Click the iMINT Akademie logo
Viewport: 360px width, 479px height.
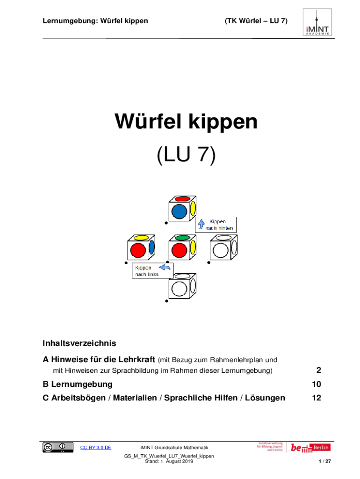tap(317, 22)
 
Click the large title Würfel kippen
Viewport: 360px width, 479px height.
tap(186, 122)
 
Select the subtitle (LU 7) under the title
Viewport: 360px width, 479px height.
tap(186, 154)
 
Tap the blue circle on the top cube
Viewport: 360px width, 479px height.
tap(179, 212)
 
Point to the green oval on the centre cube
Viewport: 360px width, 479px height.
tap(183, 238)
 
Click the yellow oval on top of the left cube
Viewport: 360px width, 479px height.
tap(141, 238)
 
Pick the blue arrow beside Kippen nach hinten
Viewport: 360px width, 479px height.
tap(201, 224)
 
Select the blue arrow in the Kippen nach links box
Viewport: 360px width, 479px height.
tap(165, 267)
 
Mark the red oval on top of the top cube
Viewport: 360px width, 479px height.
tap(183, 199)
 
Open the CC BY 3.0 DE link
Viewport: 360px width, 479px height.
tap(95, 448)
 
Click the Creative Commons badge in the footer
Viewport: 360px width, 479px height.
tap(58, 447)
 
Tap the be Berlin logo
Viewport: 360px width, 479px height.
tap(310, 448)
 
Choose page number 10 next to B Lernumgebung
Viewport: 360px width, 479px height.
tap(317, 384)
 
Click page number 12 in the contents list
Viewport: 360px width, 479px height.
tap(317, 398)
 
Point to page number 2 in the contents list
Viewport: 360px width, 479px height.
tap(319, 370)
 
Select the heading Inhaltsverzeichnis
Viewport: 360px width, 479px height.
tap(79, 343)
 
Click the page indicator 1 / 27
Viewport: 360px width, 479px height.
tap(324, 461)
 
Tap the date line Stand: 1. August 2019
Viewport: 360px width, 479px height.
tap(169, 461)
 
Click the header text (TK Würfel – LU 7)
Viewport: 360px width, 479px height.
tap(256, 21)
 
